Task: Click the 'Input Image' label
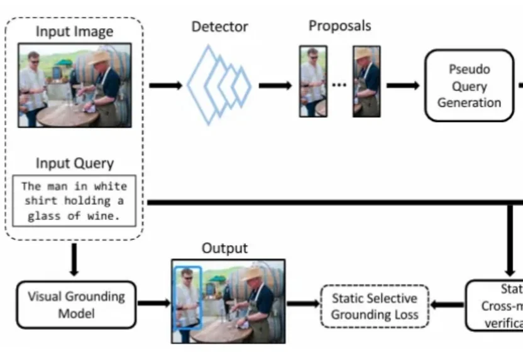(74, 32)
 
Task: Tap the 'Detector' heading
(219, 27)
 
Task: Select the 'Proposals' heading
(339, 26)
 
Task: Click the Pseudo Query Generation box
(469, 85)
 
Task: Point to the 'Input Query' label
(74, 163)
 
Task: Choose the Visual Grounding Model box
(76, 304)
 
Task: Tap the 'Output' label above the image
(224, 248)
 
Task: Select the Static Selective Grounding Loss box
(374, 306)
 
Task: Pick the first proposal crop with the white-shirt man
(312, 81)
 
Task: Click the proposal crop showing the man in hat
(366, 81)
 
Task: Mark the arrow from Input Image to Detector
(165, 85)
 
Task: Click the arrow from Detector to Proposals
(275, 85)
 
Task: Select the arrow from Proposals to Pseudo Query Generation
(403, 85)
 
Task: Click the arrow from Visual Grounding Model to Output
(153, 304)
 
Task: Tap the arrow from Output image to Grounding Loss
(302, 305)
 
